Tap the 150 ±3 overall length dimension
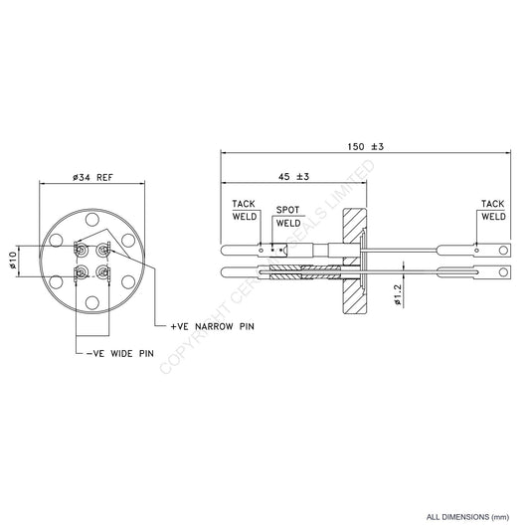pos(364,146)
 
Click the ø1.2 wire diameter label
pos(396,295)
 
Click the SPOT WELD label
pos(289,218)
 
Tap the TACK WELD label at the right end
pos(493,210)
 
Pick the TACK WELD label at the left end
pos(245,210)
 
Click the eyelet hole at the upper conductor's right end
pos(506,250)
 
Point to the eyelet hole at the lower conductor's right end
pos(506,270)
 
